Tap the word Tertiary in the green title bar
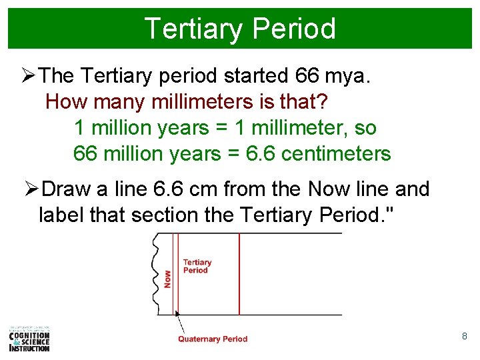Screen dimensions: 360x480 point(193,29)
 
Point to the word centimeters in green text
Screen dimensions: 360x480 point(336,154)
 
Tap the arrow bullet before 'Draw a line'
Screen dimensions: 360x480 point(31,190)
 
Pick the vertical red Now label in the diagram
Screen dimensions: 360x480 point(167,278)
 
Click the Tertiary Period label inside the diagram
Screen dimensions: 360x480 point(197,266)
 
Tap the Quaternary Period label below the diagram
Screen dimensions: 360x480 point(212,339)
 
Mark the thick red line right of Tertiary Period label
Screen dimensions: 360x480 point(239,273)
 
